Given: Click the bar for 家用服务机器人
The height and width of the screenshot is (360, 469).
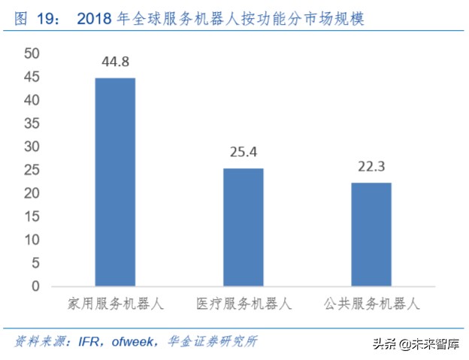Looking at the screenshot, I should click(x=114, y=182).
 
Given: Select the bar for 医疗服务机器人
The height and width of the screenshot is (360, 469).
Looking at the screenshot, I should click(x=243, y=227).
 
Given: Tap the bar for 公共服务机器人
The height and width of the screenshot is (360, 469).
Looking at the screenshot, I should click(x=371, y=234).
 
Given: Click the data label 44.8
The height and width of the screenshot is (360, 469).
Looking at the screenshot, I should click(x=114, y=62).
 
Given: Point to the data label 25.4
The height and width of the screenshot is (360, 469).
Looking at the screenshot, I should click(x=243, y=153).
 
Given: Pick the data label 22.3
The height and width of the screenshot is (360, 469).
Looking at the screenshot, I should click(x=371, y=167).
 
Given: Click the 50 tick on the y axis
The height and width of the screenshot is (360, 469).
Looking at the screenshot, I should click(x=31, y=53).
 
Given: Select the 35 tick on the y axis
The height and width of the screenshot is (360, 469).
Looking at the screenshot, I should click(x=31, y=123).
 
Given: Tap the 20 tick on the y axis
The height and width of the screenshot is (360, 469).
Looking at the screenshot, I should click(x=31, y=193).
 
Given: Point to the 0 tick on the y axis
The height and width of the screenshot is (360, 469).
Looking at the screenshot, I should click(x=35, y=286).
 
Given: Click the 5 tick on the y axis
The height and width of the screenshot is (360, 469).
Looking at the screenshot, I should click(x=35, y=263).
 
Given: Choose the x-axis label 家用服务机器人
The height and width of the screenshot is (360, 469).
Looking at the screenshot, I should click(x=114, y=304).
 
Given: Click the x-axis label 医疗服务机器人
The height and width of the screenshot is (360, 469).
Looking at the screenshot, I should click(x=243, y=304).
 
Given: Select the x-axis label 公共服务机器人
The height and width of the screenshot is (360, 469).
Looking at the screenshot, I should click(x=371, y=304).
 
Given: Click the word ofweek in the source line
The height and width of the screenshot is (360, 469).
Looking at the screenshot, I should click(x=133, y=342).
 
